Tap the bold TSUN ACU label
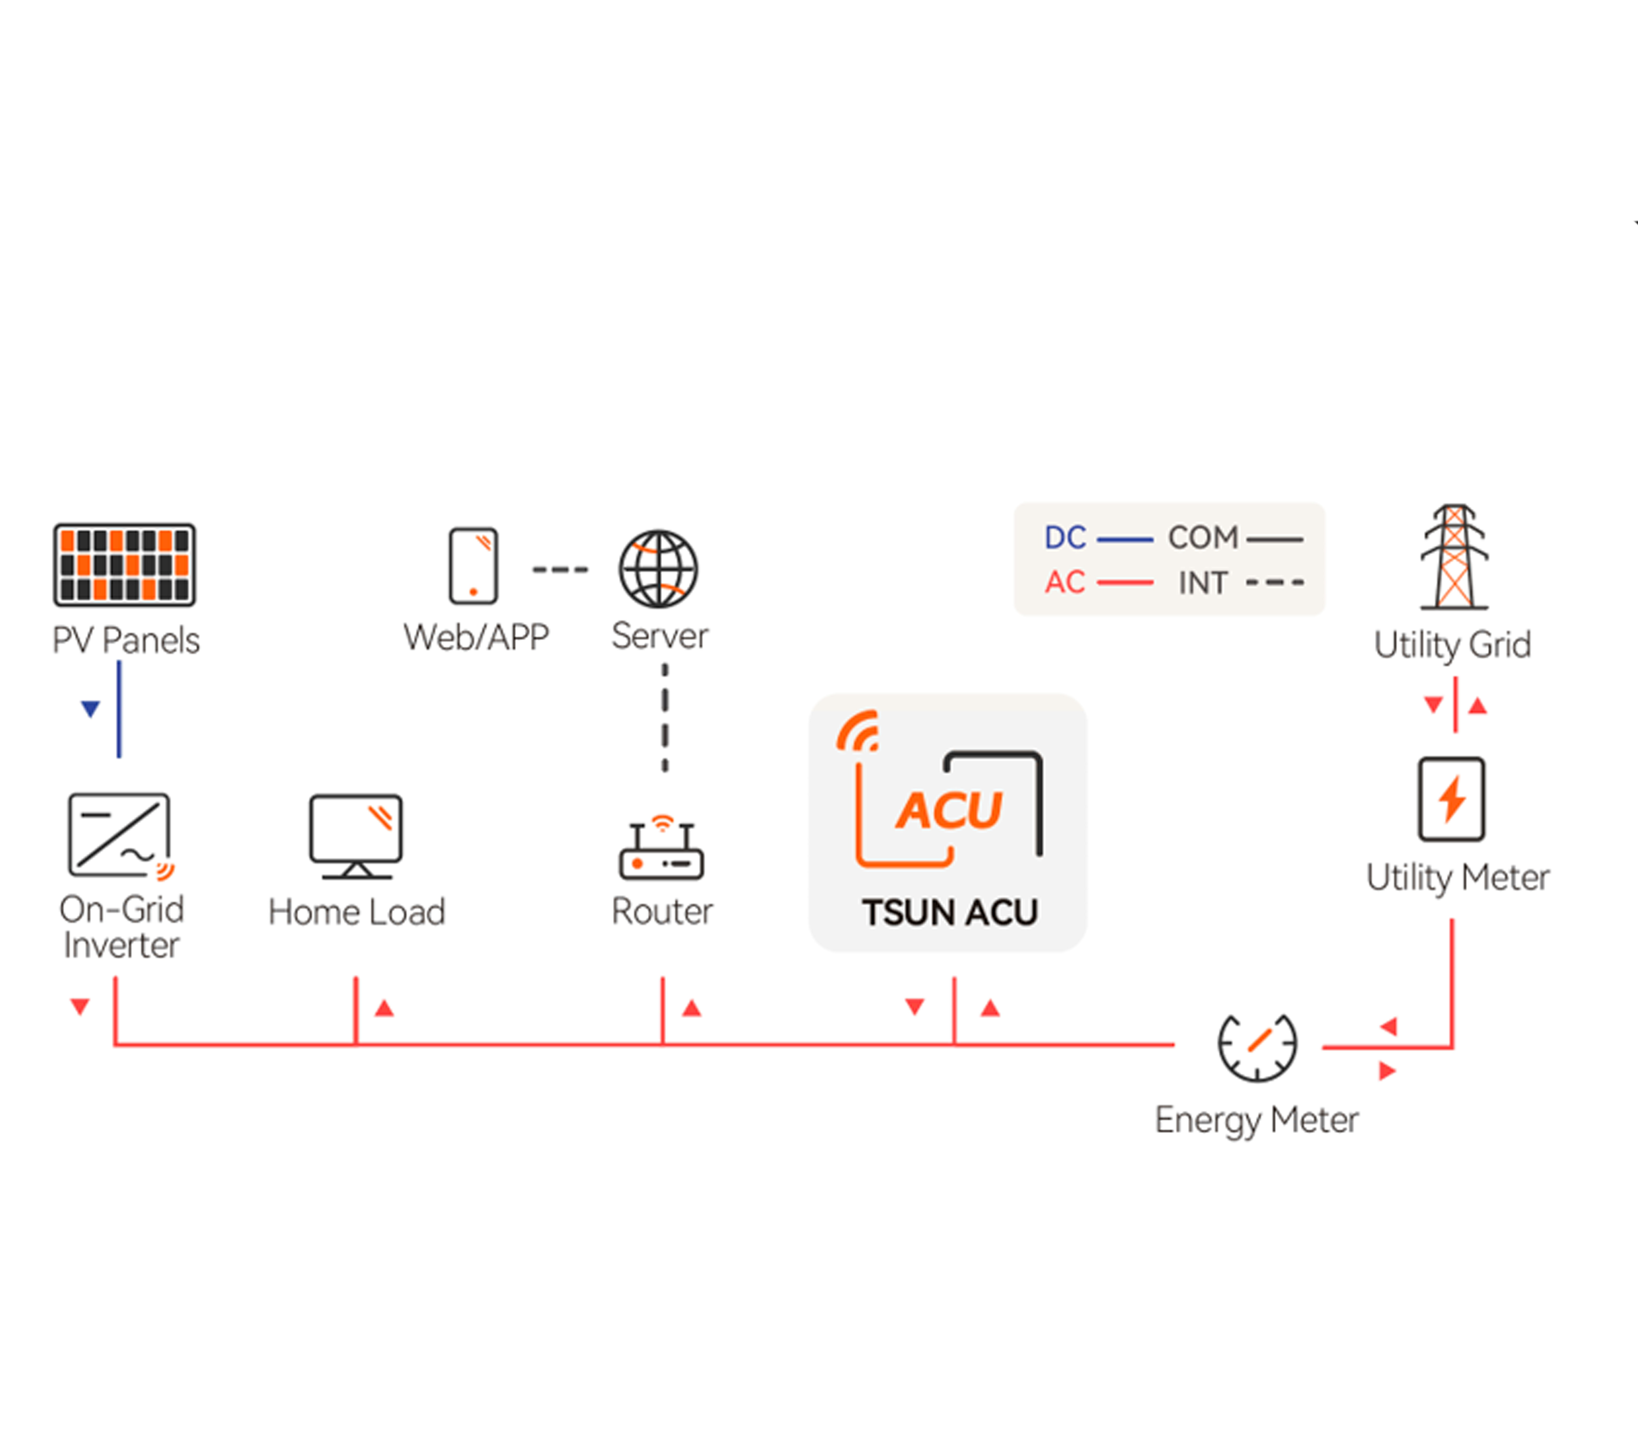point(950,913)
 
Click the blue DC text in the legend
point(1065,538)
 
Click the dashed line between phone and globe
point(560,569)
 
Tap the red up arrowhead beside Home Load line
point(385,1008)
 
